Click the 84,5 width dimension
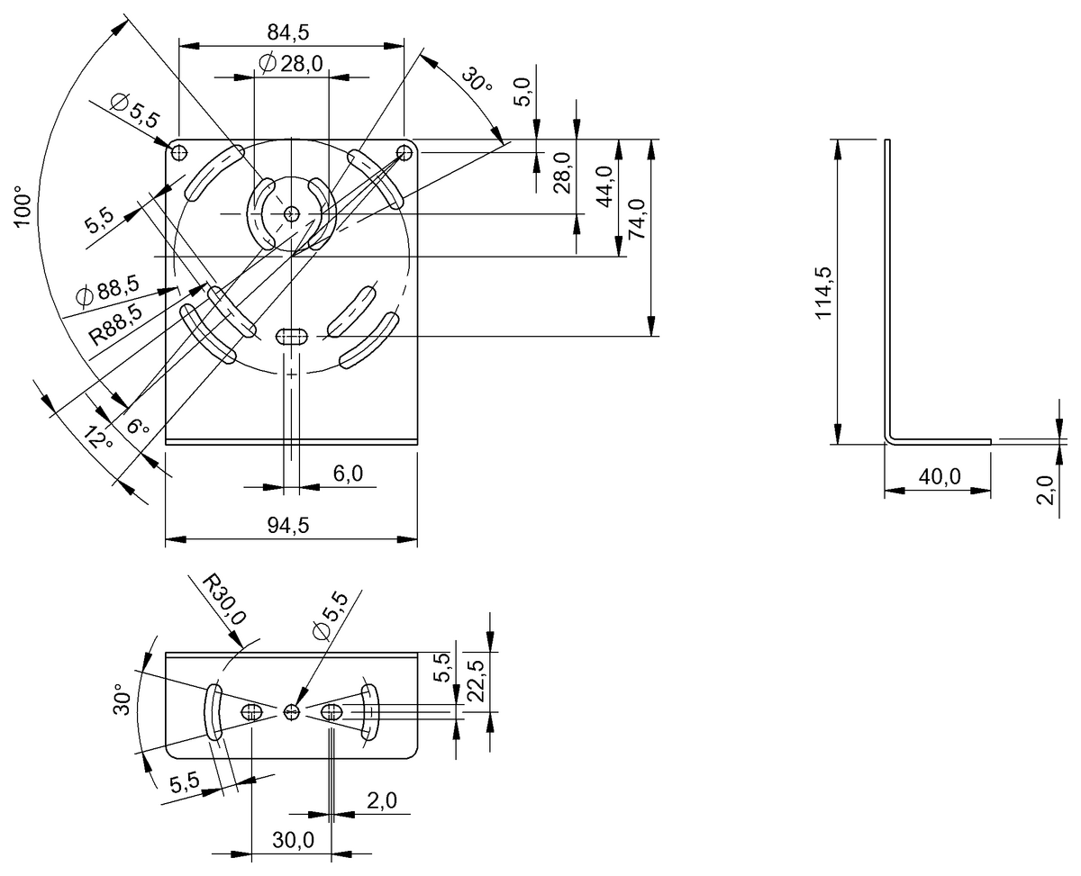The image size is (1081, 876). tap(288, 32)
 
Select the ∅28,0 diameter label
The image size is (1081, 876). tap(290, 63)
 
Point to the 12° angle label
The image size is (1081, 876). tap(96, 438)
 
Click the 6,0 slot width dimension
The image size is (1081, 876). tap(342, 474)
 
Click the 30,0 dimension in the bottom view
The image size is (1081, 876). tap(292, 840)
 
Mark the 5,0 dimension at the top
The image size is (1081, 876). tap(523, 92)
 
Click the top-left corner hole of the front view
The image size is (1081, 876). tap(178, 150)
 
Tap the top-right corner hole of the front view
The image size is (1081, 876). tap(405, 150)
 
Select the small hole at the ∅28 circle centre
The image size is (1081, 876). tap(291, 213)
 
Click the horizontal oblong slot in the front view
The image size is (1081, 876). tap(291, 336)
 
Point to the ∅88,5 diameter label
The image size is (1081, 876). tap(108, 290)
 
